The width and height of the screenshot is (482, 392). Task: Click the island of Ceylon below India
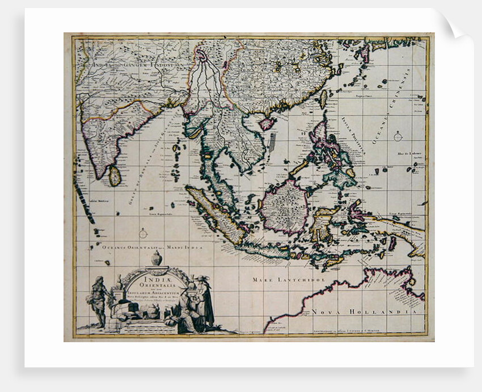(x=115, y=176)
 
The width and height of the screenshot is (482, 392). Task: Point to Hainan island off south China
(x=267, y=123)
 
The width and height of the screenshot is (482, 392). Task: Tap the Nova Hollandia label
(x=366, y=311)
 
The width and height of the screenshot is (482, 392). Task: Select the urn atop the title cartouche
(x=157, y=259)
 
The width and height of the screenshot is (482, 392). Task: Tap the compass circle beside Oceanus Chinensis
(x=398, y=136)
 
